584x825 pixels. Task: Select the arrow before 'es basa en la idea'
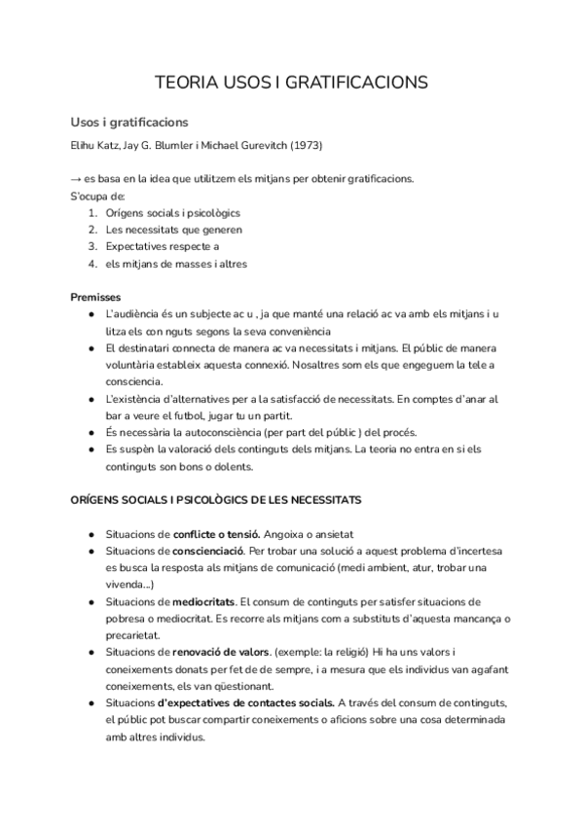(76, 178)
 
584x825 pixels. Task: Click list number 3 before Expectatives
(91, 246)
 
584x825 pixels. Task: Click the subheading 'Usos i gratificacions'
(128, 124)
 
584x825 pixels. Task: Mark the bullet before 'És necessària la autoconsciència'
(91, 432)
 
